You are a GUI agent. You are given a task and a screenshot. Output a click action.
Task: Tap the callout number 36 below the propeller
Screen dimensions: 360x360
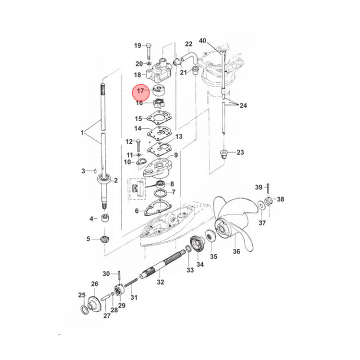pos(236,251)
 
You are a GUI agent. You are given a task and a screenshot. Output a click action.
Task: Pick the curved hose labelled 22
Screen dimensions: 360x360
pos(189,57)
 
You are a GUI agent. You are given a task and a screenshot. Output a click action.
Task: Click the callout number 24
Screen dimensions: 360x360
pos(243,105)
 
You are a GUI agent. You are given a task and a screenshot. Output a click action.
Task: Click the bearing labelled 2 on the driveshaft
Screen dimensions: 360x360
pos(104,179)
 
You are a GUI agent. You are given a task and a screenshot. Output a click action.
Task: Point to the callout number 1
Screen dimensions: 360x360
pos(82,132)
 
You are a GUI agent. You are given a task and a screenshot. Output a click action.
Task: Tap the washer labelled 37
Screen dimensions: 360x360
pos(261,204)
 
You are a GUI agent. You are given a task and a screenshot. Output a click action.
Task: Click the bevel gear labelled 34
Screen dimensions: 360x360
pos(197,244)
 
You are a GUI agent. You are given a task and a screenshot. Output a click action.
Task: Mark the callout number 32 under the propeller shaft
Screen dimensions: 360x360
pos(160,282)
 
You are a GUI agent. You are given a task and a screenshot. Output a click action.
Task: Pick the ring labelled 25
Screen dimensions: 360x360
pos(84,310)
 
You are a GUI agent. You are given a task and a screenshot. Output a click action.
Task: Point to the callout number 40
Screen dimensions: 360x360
pos(202,41)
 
